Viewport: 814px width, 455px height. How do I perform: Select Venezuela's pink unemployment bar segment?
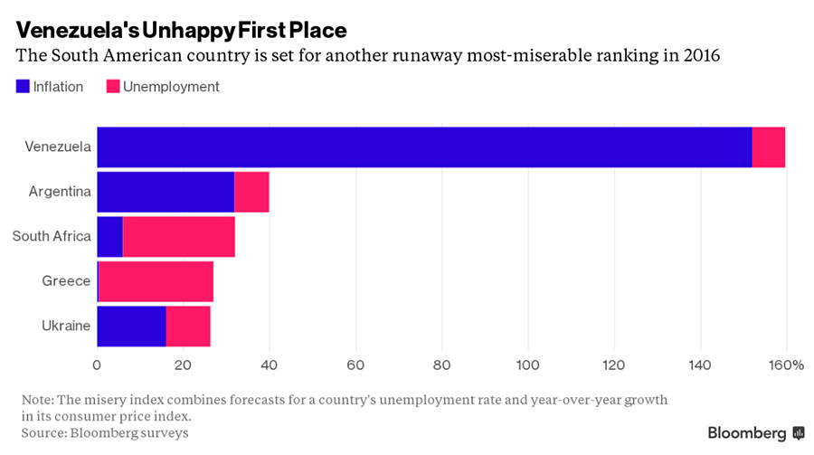coord(768,147)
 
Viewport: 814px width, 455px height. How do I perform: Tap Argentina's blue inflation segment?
coord(166,192)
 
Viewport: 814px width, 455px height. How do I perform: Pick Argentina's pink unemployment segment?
coord(251,192)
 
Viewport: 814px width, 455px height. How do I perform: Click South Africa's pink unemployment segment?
coord(178,236)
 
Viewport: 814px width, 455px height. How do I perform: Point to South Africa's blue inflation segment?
coord(109,236)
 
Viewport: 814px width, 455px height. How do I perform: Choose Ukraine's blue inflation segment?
coord(131,326)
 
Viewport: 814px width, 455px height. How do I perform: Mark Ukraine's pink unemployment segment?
coord(188,326)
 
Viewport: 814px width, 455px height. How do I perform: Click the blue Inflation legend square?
coord(23,87)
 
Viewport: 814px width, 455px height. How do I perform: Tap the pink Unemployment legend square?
coord(113,87)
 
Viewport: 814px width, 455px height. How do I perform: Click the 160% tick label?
coord(787,365)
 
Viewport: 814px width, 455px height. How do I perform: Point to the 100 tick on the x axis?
coord(527,365)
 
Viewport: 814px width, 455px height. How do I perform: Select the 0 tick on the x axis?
coord(97,365)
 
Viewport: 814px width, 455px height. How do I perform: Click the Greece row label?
coord(66,280)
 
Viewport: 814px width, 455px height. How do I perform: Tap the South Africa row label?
coord(52,236)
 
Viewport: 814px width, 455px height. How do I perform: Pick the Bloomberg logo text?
coord(747,432)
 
